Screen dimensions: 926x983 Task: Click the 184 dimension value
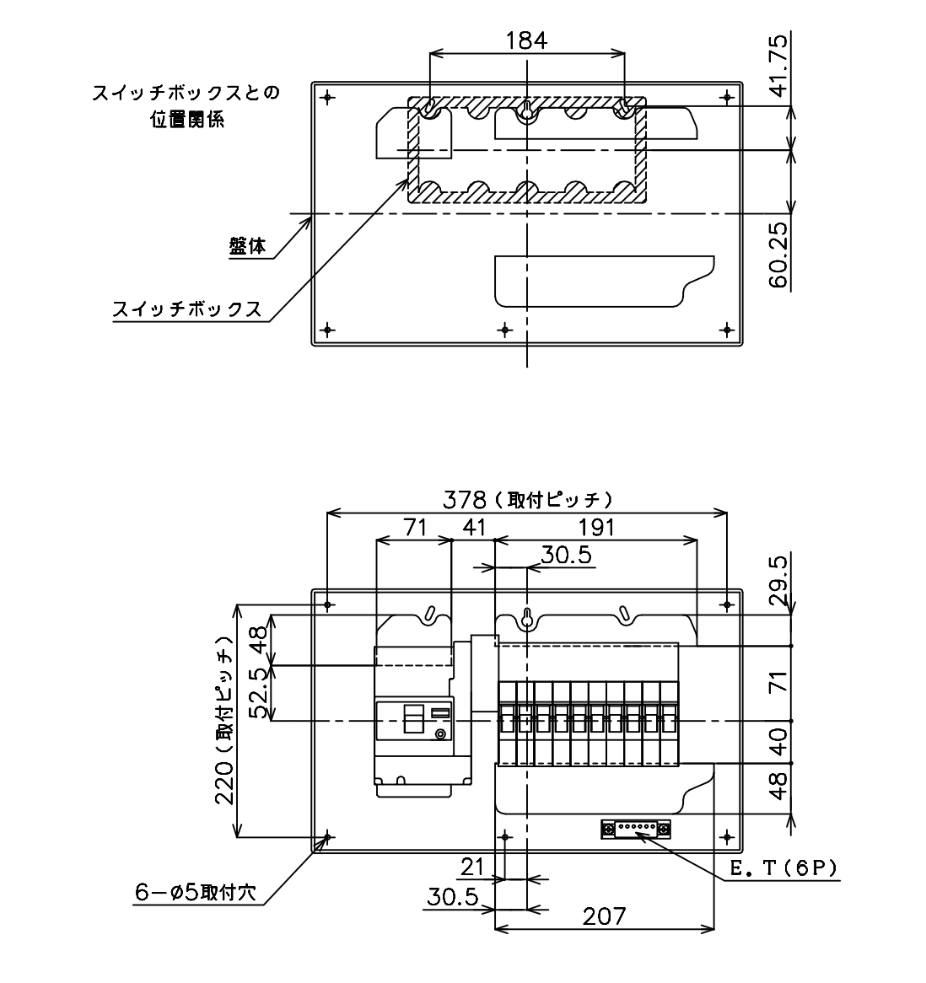tap(526, 40)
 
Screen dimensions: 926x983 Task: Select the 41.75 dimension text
tap(778, 66)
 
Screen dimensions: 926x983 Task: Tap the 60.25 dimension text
tap(778, 255)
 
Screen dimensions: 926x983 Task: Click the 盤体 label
tap(247, 246)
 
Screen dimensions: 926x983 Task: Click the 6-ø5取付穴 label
tap(195, 892)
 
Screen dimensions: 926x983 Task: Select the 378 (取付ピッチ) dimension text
tap(527, 500)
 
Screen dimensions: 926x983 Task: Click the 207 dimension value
tap(605, 916)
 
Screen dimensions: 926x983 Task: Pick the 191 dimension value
tap(595, 528)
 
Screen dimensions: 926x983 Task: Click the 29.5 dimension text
tap(778, 581)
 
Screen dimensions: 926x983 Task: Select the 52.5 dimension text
tap(261, 693)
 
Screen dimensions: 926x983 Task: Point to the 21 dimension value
tap(473, 867)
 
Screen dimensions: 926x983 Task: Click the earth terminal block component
tap(636, 829)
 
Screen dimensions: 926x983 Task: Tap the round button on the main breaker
tap(441, 734)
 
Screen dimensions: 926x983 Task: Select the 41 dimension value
tap(474, 528)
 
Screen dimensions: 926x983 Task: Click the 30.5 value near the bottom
tap(453, 897)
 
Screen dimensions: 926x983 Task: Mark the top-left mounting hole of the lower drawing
tap(327, 605)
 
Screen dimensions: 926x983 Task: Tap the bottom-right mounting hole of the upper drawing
tap(727, 329)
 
